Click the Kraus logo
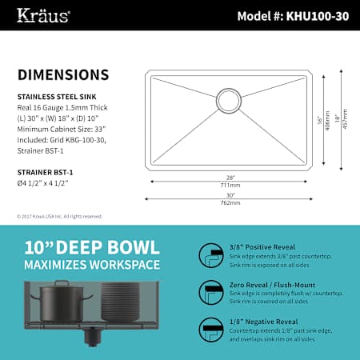(43, 15)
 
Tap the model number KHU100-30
(318, 16)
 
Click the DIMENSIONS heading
(63, 74)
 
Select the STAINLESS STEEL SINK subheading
(57, 97)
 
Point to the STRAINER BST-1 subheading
(45, 172)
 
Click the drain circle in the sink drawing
(229, 101)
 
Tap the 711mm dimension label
(230, 185)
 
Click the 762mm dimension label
(230, 202)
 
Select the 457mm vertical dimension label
(345, 119)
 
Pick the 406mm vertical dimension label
(327, 121)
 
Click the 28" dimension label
(230, 178)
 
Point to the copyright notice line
(60, 216)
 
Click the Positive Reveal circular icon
(211, 255)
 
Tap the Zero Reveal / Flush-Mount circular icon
(211, 293)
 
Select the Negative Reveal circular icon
(211, 330)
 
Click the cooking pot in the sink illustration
(62, 302)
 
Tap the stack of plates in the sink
(121, 302)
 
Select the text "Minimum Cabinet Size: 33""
(62, 129)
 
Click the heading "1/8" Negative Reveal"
(264, 322)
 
